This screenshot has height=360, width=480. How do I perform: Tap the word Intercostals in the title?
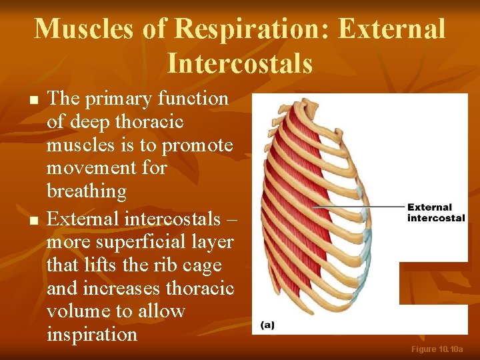click(239, 63)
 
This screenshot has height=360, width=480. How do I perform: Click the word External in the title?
click(391, 29)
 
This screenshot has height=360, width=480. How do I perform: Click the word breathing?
click(87, 191)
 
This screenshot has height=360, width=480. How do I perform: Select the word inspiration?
click(92, 333)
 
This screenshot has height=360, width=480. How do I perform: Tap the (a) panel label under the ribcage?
click(267, 325)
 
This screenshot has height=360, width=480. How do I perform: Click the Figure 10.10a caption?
click(437, 349)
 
